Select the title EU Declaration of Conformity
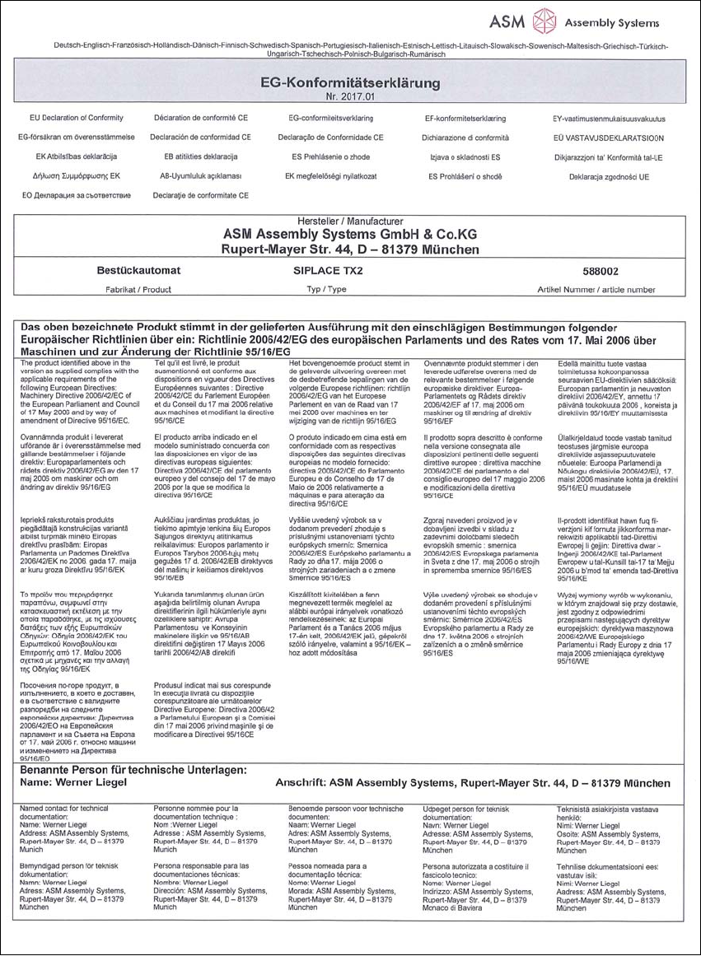point(76,119)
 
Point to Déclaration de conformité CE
point(202,119)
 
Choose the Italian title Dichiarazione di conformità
point(465,138)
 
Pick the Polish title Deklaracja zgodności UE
point(609,176)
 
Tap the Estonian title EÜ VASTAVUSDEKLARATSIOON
point(608,138)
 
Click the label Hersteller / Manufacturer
point(350,222)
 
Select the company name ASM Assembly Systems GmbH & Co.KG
point(350,234)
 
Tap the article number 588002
point(584,270)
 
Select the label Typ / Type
point(325,290)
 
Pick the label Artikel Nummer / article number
point(584,290)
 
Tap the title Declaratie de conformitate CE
point(201,196)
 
